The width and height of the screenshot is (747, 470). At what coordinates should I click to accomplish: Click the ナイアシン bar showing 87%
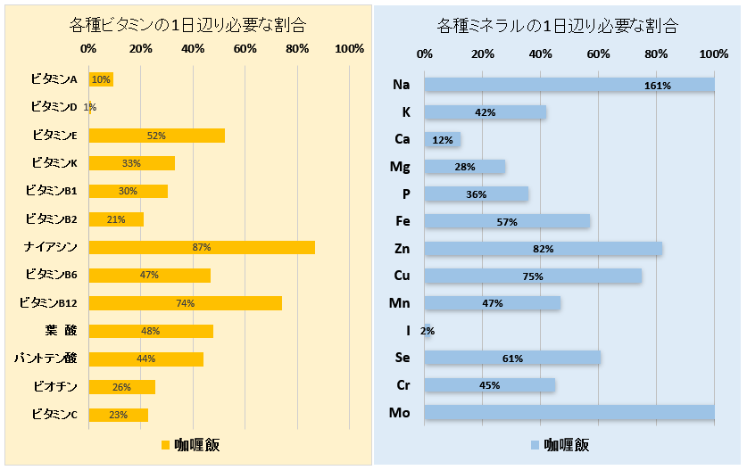(201, 247)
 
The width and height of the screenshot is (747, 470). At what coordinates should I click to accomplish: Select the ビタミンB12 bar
(185, 303)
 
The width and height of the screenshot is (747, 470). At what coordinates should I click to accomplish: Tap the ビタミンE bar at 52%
(156, 136)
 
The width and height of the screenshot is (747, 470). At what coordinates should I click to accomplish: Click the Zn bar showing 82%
(543, 249)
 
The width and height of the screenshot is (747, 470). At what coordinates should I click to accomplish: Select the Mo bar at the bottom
(569, 412)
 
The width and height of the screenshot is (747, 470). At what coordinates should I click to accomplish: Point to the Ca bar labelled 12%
(442, 139)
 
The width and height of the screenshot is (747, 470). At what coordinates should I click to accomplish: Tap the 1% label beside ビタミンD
(89, 107)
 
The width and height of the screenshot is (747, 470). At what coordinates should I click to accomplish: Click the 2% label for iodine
(427, 331)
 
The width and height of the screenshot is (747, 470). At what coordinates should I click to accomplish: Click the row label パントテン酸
(46, 359)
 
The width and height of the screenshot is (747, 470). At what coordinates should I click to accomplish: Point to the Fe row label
(403, 221)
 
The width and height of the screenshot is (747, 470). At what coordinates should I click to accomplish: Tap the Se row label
(403, 358)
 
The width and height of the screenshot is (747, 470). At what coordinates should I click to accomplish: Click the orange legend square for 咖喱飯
(165, 444)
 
